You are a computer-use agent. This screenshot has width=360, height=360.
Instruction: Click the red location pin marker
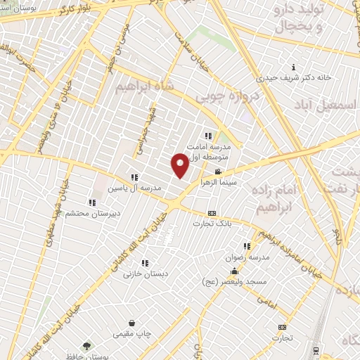click(180, 165)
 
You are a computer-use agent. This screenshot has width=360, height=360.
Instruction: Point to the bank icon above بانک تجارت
click(212, 213)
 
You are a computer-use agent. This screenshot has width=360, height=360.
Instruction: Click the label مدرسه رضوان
click(247, 257)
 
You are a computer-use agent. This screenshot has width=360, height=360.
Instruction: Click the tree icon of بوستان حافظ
click(86, 345)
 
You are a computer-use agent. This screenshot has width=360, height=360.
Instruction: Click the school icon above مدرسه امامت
click(207, 136)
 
